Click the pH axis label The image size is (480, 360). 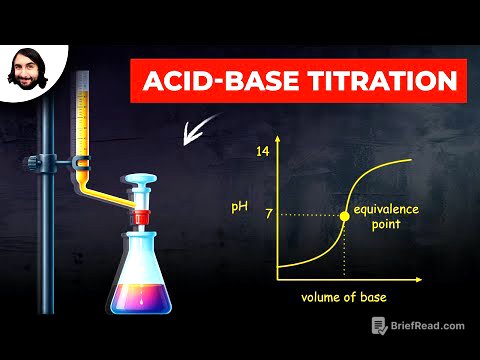coord(238,206)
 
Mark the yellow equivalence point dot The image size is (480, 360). coord(346,215)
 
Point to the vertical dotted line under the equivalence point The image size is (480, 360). coord(346,250)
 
